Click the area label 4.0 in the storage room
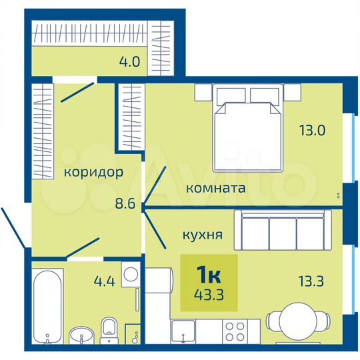click(129, 64)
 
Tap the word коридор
click(93, 173)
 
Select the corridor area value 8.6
click(125, 205)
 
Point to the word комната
click(215, 189)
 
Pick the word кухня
click(203, 235)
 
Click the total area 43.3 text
click(209, 293)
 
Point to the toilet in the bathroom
click(110, 329)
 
